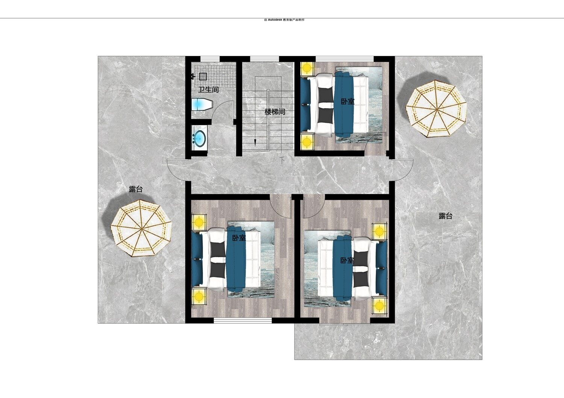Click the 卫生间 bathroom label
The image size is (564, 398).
tap(208, 89)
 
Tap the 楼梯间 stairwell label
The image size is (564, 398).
tap(275, 112)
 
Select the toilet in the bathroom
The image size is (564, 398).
tap(202, 104)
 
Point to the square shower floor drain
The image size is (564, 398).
tap(203, 76)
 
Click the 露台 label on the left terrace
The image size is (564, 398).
tap(136, 189)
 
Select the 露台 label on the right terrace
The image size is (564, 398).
tap(446, 216)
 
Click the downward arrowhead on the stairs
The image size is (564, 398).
tap(255, 143)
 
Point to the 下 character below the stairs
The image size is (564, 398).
tap(282, 160)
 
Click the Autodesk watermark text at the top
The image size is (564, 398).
tap(284, 20)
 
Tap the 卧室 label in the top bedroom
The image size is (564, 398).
tap(347, 101)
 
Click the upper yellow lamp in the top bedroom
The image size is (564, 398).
tap(307, 68)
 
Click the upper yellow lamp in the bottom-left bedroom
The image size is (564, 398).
tap(199, 222)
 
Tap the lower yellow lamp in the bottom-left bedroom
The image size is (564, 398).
tap(199, 296)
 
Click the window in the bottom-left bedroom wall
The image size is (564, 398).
tap(243, 321)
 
